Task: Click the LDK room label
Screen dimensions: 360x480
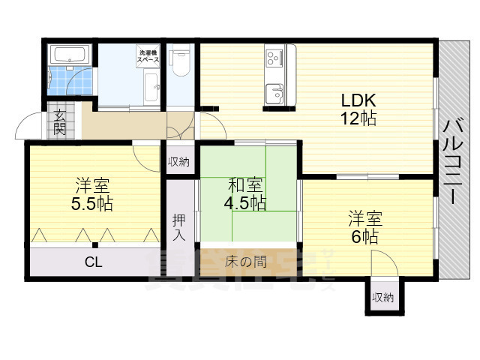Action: click(358, 100)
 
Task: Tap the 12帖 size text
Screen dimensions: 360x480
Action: click(358, 118)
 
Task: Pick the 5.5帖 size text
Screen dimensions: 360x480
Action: click(94, 202)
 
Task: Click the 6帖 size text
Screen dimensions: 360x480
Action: click(364, 235)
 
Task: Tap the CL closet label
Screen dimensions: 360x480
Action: click(94, 262)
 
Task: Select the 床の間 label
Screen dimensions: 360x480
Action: click(245, 262)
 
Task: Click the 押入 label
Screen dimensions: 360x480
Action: click(179, 226)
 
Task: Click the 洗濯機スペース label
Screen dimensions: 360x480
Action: click(147, 55)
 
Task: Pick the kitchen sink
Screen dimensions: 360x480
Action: click(274, 93)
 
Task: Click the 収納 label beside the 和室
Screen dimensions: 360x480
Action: click(178, 162)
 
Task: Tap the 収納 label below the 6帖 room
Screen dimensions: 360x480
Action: click(382, 298)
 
